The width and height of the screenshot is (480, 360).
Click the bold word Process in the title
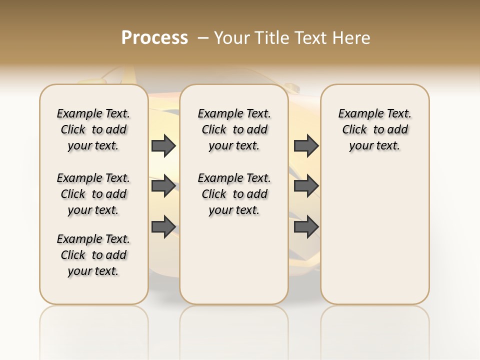coord(154,38)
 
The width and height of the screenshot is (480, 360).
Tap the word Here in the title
coord(352,38)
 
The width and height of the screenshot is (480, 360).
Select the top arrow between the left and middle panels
coord(163,145)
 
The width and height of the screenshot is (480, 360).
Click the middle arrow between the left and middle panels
coord(163,186)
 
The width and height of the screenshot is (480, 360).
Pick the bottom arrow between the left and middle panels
coord(163,226)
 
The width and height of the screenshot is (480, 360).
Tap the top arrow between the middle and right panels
coord(306,145)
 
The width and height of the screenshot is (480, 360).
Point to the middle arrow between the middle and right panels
coord(306,186)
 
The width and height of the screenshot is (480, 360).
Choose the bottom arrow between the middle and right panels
coord(306,226)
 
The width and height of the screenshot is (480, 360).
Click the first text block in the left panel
coord(93,129)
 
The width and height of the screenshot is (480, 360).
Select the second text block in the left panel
coord(93,194)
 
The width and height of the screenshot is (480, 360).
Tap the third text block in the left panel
coord(93,255)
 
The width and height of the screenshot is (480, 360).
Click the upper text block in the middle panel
coord(234,129)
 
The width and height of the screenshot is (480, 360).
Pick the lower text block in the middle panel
coord(234,194)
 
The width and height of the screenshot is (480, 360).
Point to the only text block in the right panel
coord(374,129)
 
